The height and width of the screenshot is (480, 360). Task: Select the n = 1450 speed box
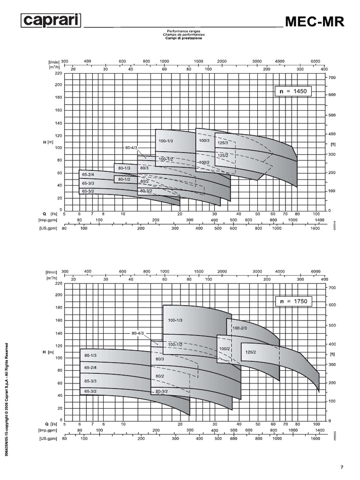click(293, 91)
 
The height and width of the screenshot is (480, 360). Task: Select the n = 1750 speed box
click(293, 301)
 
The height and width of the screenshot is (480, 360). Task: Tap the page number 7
click(342, 467)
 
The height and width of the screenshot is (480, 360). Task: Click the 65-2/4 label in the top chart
click(88, 175)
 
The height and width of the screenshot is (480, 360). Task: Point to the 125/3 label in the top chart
click(223, 142)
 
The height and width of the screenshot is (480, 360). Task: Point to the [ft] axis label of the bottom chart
click(333, 354)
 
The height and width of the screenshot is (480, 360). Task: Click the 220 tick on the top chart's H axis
click(58, 73)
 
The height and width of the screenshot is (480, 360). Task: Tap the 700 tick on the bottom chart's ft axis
click(332, 286)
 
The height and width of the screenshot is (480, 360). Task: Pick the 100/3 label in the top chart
click(204, 140)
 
